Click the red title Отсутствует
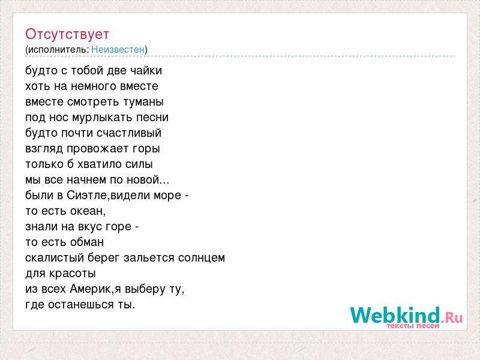click(x=67, y=34)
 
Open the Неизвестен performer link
click(x=118, y=49)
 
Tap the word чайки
click(x=146, y=71)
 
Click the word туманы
click(x=143, y=102)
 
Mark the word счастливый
click(x=129, y=133)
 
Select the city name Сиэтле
click(x=87, y=196)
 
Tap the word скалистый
click(x=55, y=258)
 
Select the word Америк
click(x=89, y=289)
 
